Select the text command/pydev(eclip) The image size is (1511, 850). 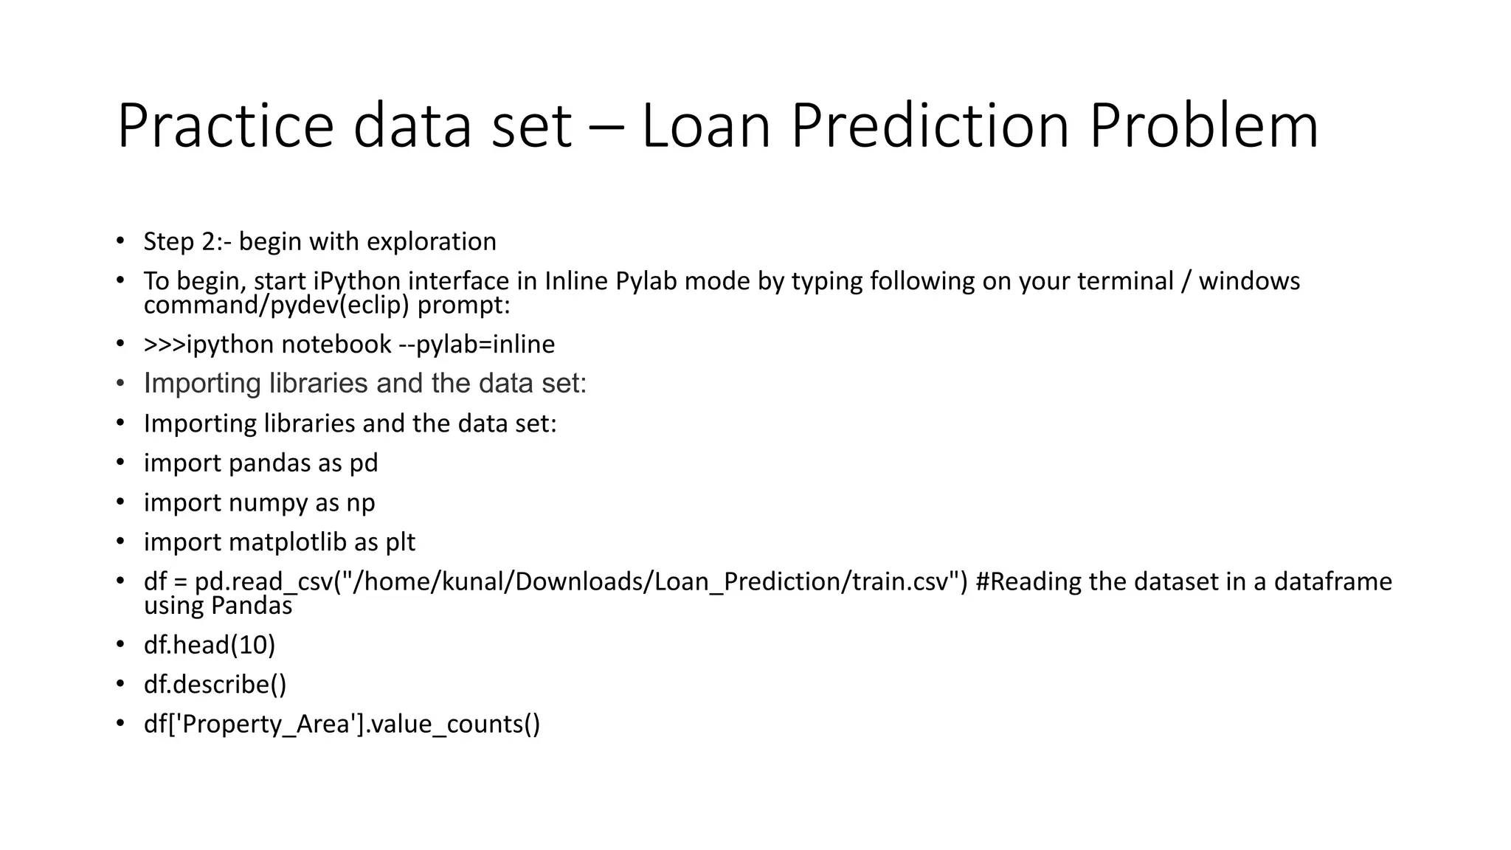point(276,305)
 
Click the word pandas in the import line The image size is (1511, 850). point(270,463)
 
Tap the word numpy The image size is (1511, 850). point(269,503)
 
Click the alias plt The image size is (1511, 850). point(400,543)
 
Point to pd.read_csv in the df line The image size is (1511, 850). point(263,582)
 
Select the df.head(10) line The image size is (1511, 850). point(209,646)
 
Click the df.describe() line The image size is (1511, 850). point(215,685)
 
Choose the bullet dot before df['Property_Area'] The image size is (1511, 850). point(120,724)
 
